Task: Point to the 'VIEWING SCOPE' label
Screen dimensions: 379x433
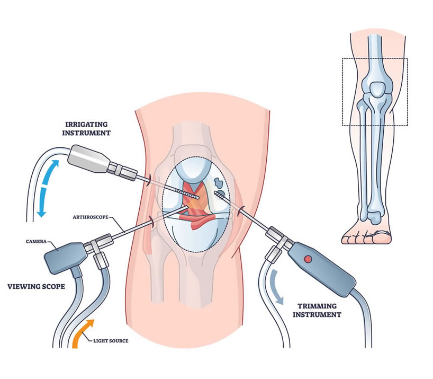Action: tap(36, 287)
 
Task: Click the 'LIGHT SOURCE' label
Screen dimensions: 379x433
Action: tap(111, 340)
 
